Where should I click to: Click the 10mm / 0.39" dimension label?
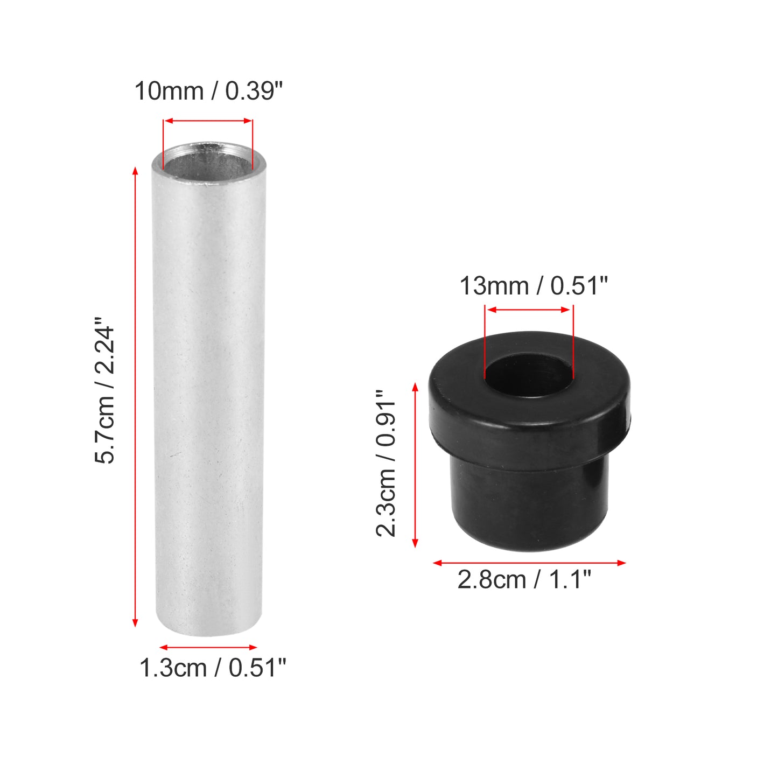[209, 91]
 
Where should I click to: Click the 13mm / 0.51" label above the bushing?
[534, 286]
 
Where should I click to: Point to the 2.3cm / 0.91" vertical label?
[386, 463]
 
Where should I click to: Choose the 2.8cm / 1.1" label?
[524, 580]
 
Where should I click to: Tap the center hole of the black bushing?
[529, 375]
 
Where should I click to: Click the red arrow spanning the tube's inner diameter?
[208, 121]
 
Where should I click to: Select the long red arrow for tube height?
[135, 397]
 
